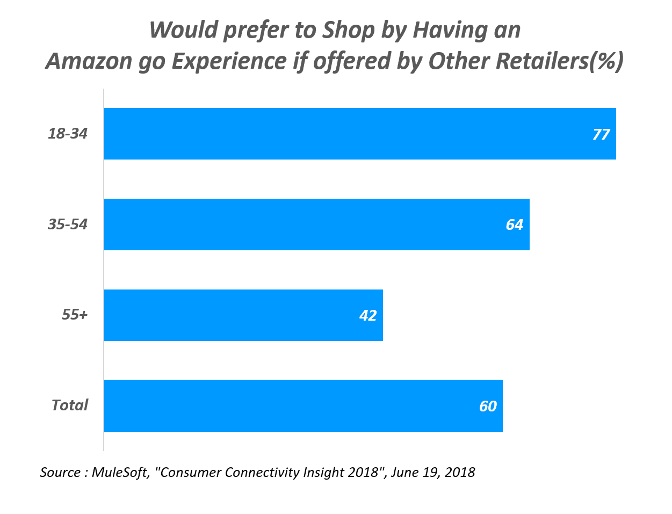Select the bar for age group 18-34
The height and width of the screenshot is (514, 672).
[x=360, y=134]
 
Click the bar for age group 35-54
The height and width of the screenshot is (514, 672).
[x=316, y=225]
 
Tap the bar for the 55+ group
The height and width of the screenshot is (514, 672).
[x=243, y=315]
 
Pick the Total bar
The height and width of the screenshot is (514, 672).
[x=303, y=406]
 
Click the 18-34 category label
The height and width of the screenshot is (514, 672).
[x=68, y=133]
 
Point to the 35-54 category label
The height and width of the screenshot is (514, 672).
[x=68, y=224]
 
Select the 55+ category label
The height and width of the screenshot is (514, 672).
[x=74, y=315]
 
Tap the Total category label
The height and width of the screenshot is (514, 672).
[x=69, y=405]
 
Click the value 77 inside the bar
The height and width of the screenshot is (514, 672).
[x=601, y=134]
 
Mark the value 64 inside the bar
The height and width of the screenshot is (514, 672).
[x=514, y=225]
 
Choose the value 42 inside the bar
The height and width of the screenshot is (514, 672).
[x=368, y=315]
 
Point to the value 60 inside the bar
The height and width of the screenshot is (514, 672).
[x=488, y=406]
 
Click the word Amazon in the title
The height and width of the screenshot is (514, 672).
[x=89, y=61]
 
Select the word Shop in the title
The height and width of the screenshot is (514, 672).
[x=348, y=30]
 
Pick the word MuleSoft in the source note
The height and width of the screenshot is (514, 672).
[x=120, y=472]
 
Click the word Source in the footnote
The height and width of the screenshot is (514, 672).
[x=60, y=472]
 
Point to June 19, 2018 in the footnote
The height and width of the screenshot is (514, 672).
[x=433, y=472]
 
